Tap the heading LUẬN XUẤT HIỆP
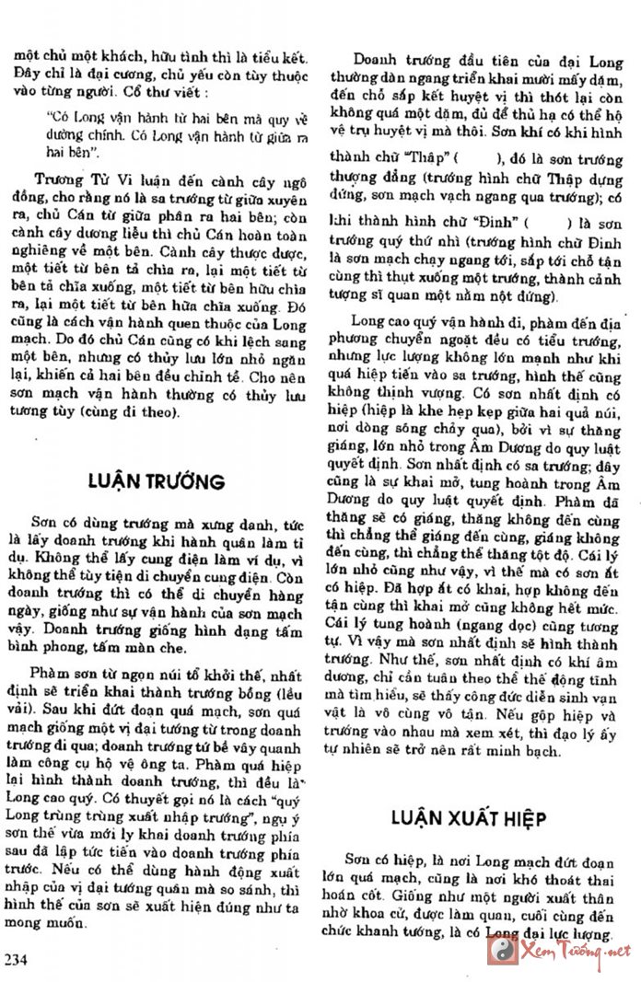pyautogui.click(x=469, y=818)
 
